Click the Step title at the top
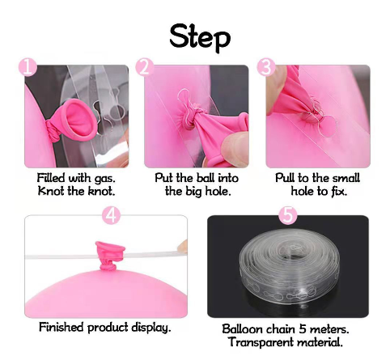point(200,38)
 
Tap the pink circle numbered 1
point(28,66)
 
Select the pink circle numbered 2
point(145,67)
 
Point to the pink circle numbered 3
point(266,67)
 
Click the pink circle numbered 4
point(112,215)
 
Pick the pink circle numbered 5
point(288,215)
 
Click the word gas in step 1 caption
point(105,179)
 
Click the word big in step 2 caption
point(194,192)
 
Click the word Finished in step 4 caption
point(61,327)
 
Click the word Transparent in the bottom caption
point(261,342)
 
